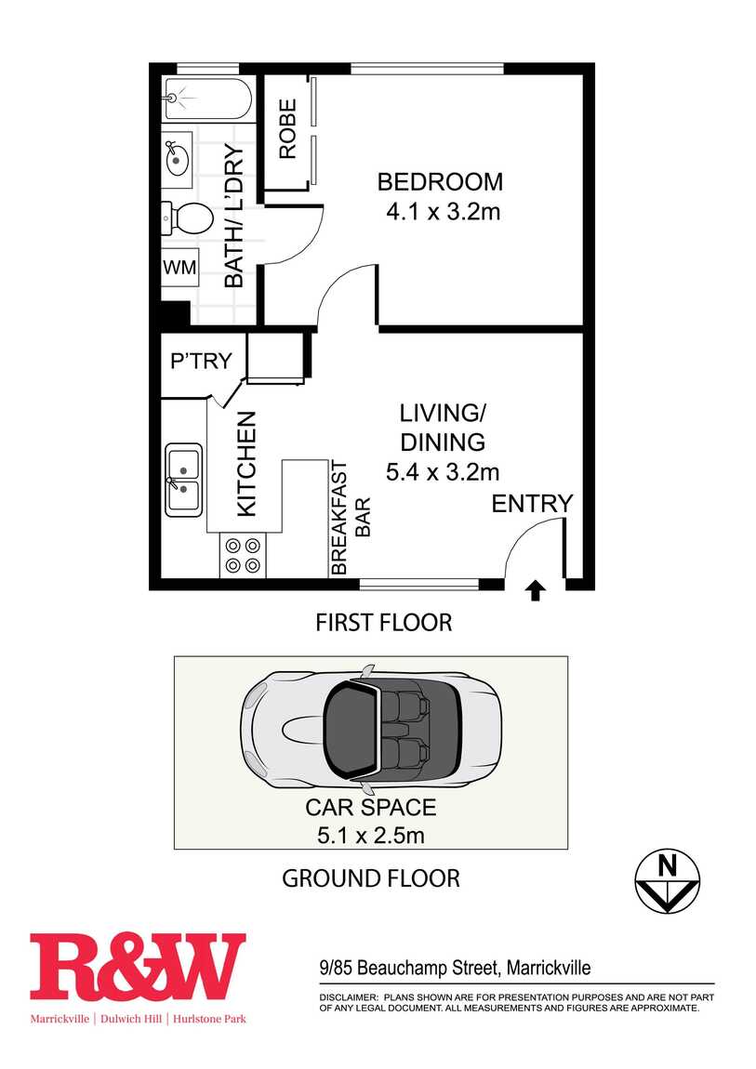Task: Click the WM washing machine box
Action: tap(180, 268)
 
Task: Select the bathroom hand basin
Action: tap(178, 155)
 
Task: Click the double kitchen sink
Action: tap(183, 480)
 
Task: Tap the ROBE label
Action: tap(287, 129)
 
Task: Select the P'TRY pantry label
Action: tap(201, 361)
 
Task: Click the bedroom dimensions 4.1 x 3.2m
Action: tap(444, 212)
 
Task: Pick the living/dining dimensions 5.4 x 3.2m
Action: tap(443, 472)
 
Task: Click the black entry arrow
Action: tap(535, 590)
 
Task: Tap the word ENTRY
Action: tap(533, 504)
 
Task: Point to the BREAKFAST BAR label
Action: tap(351, 519)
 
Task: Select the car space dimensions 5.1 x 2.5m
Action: tap(371, 835)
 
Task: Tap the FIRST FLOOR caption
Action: tap(384, 623)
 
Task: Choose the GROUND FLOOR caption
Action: tap(371, 878)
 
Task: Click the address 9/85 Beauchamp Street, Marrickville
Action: tap(456, 968)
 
